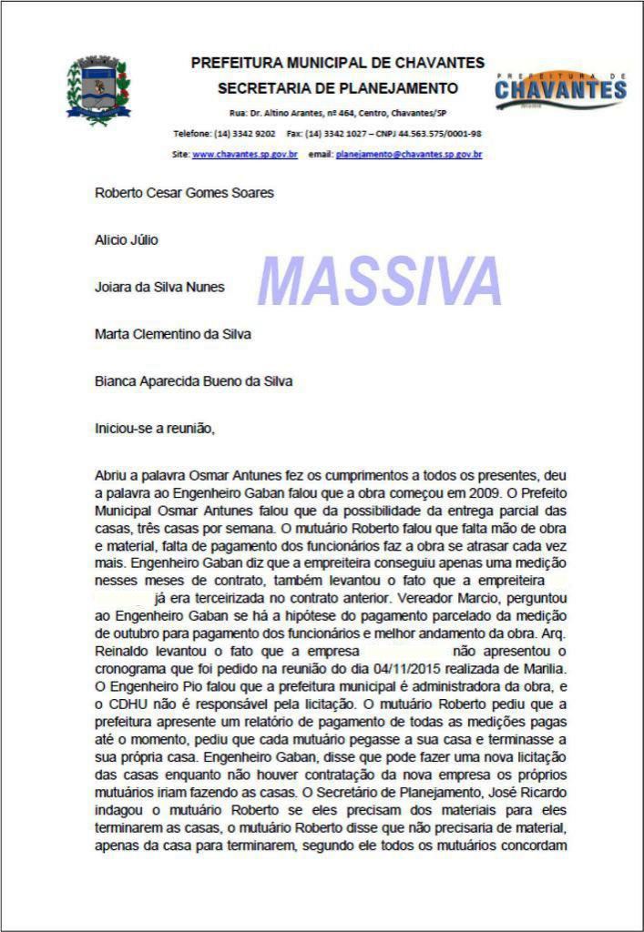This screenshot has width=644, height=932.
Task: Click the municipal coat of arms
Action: click(x=99, y=90)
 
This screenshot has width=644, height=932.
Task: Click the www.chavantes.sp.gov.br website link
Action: click(x=245, y=155)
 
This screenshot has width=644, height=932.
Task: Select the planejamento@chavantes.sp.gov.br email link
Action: click(x=409, y=155)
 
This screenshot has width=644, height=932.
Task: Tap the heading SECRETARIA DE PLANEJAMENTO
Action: click(x=338, y=88)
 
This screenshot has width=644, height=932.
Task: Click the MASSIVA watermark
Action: click(x=380, y=280)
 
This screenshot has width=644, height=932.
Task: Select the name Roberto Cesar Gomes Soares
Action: click(x=184, y=193)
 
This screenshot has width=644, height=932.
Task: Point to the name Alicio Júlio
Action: click(x=127, y=240)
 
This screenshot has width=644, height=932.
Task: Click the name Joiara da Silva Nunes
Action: click(x=159, y=288)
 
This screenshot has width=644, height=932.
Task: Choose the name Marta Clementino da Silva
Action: click(x=173, y=334)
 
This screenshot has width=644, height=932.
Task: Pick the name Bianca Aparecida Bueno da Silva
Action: click(x=194, y=381)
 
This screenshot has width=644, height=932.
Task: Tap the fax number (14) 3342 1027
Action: click(x=335, y=134)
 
